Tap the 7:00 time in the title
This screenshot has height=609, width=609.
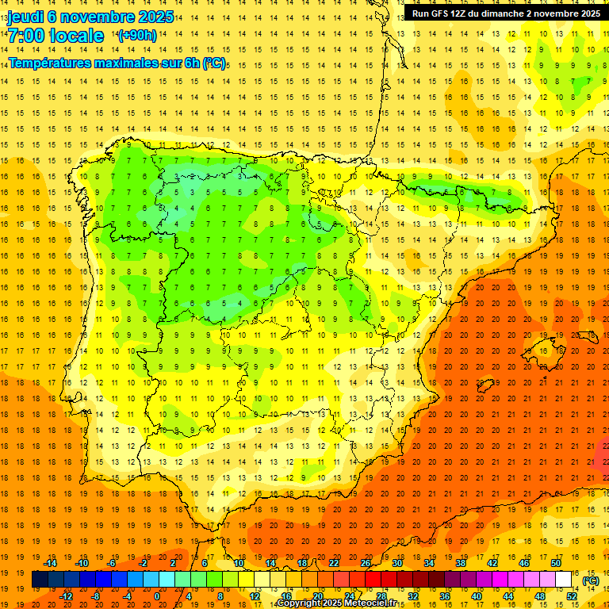tap(25, 36)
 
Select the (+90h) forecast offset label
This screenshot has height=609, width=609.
tap(136, 36)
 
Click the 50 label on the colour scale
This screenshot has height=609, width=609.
tap(555, 563)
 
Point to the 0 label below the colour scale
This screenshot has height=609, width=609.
tap(157, 596)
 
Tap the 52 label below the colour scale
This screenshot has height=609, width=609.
tap(571, 596)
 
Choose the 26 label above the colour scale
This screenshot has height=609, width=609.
tap(365, 563)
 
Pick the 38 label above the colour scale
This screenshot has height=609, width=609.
tap(460, 563)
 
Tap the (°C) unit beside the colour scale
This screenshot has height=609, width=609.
tap(590, 580)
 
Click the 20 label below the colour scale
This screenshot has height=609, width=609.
tap(317, 596)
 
